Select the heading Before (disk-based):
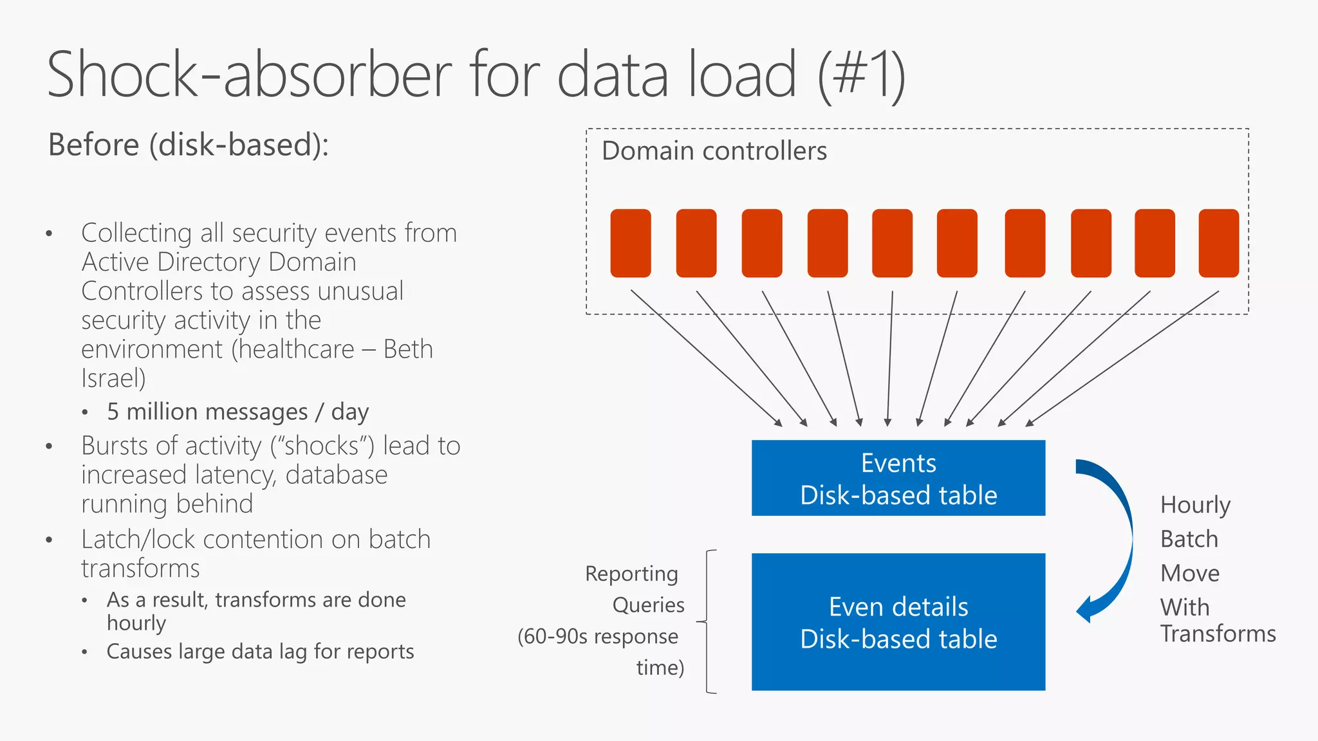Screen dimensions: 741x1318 coord(189,145)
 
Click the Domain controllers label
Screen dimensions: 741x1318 coord(714,151)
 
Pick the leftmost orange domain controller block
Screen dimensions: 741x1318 coord(630,243)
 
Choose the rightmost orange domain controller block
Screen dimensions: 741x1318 coord(1218,243)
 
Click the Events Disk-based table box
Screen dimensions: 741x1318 coord(898,478)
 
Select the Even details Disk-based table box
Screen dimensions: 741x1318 coord(898,622)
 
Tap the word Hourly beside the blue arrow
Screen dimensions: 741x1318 coord(1195,506)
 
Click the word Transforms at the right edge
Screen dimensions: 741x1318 coord(1218,634)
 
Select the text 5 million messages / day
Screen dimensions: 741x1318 coord(237,412)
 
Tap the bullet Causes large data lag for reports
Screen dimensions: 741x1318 coord(260,652)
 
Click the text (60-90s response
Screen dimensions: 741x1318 coord(597,637)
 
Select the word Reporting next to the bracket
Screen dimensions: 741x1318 coord(631,574)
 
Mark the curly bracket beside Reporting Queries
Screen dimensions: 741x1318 coord(709,621)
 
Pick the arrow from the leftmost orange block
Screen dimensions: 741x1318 coord(705,358)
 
